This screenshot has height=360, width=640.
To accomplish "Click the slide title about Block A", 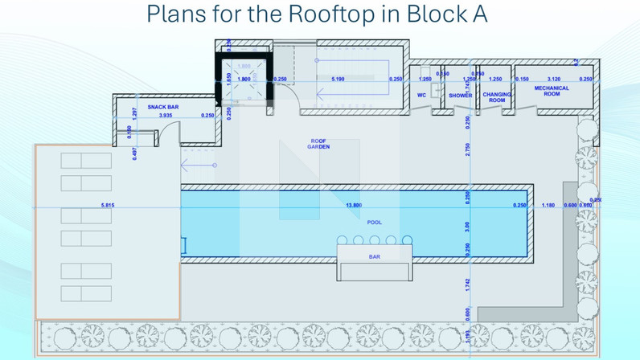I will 318,15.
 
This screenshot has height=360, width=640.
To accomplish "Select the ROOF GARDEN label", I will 319,144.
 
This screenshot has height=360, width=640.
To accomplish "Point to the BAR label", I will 374,257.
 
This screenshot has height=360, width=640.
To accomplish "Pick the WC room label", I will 421,94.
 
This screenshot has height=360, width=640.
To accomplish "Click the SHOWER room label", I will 460,95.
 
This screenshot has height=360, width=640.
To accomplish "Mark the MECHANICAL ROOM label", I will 552,92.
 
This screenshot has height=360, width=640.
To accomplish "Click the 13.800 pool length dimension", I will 354,206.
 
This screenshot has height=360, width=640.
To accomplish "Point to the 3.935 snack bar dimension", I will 166,116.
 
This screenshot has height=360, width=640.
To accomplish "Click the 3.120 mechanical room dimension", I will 553,79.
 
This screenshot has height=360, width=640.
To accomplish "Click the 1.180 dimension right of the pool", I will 548,206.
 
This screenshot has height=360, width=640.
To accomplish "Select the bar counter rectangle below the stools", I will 374,263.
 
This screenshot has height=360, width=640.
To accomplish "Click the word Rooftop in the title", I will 338,15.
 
